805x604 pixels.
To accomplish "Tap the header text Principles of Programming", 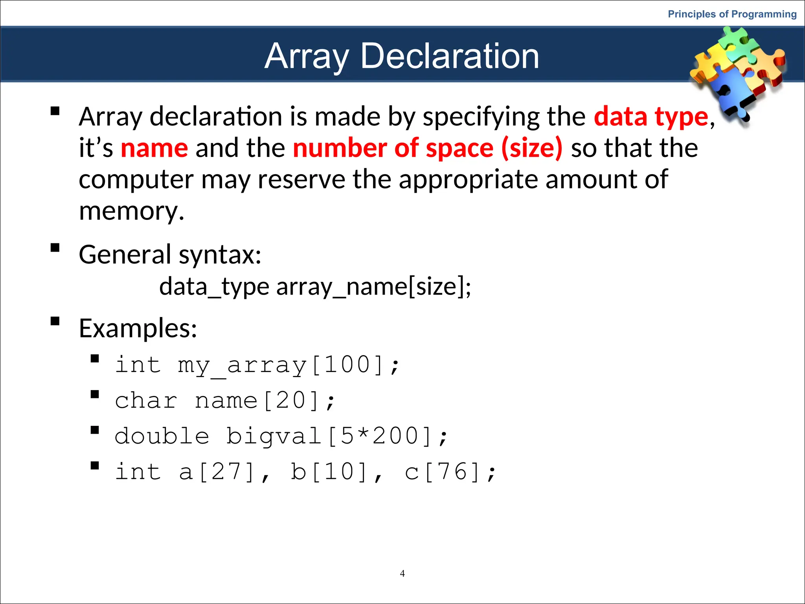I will click(732, 14).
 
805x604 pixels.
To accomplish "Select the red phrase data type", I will click(651, 117).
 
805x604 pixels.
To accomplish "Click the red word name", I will click(154, 148).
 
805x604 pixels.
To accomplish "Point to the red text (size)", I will click(532, 148).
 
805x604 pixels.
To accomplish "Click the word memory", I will click(131, 211).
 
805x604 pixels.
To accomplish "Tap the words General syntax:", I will click(170, 254).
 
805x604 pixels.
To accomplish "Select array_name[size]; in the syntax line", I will click(373, 286).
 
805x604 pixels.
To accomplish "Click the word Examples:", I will click(138, 328).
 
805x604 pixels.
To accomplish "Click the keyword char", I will click(146, 401).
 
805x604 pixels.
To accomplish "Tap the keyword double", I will click(162, 436).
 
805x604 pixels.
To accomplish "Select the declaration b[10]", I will click(329, 472).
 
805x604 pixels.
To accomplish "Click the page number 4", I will click(402, 573).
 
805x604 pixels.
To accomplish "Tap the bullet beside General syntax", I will click(55, 248).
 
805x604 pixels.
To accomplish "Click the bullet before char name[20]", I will click(95, 394).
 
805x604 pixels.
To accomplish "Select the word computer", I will click(136, 180).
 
